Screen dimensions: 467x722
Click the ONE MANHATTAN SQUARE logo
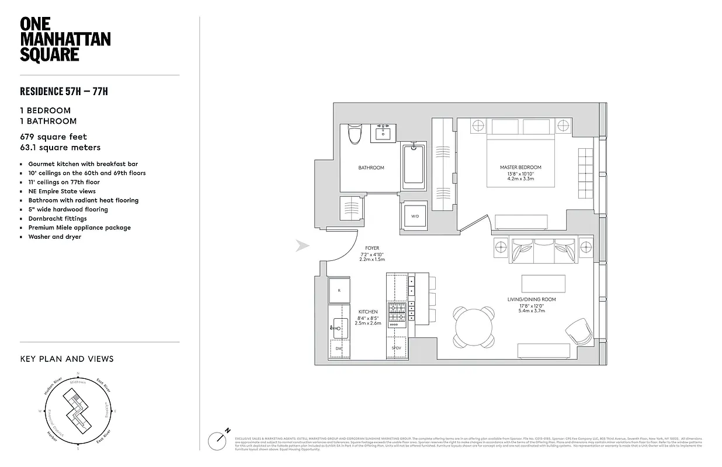(x=65, y=39)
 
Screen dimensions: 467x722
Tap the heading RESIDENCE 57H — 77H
(x=64, y=91)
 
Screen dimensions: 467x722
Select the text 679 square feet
(x=53, y=137)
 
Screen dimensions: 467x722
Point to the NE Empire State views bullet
(x=62, y=191)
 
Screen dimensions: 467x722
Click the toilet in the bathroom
(x=354, y=134)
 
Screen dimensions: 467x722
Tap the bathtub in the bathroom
(x=415, y=166)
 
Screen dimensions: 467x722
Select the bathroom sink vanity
(x=384, y=133)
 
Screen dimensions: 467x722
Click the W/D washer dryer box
(x=415, y=216)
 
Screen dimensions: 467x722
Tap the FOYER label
(x=372, y=248)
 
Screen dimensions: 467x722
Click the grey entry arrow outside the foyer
(x=302, y=246)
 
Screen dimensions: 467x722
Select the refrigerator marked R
(x=339, y=289)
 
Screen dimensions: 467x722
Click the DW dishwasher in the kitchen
(x=339, y=348)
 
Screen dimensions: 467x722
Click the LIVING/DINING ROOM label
(x=531, y=299)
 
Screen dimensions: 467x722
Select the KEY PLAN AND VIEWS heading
(x=67, y=359)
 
